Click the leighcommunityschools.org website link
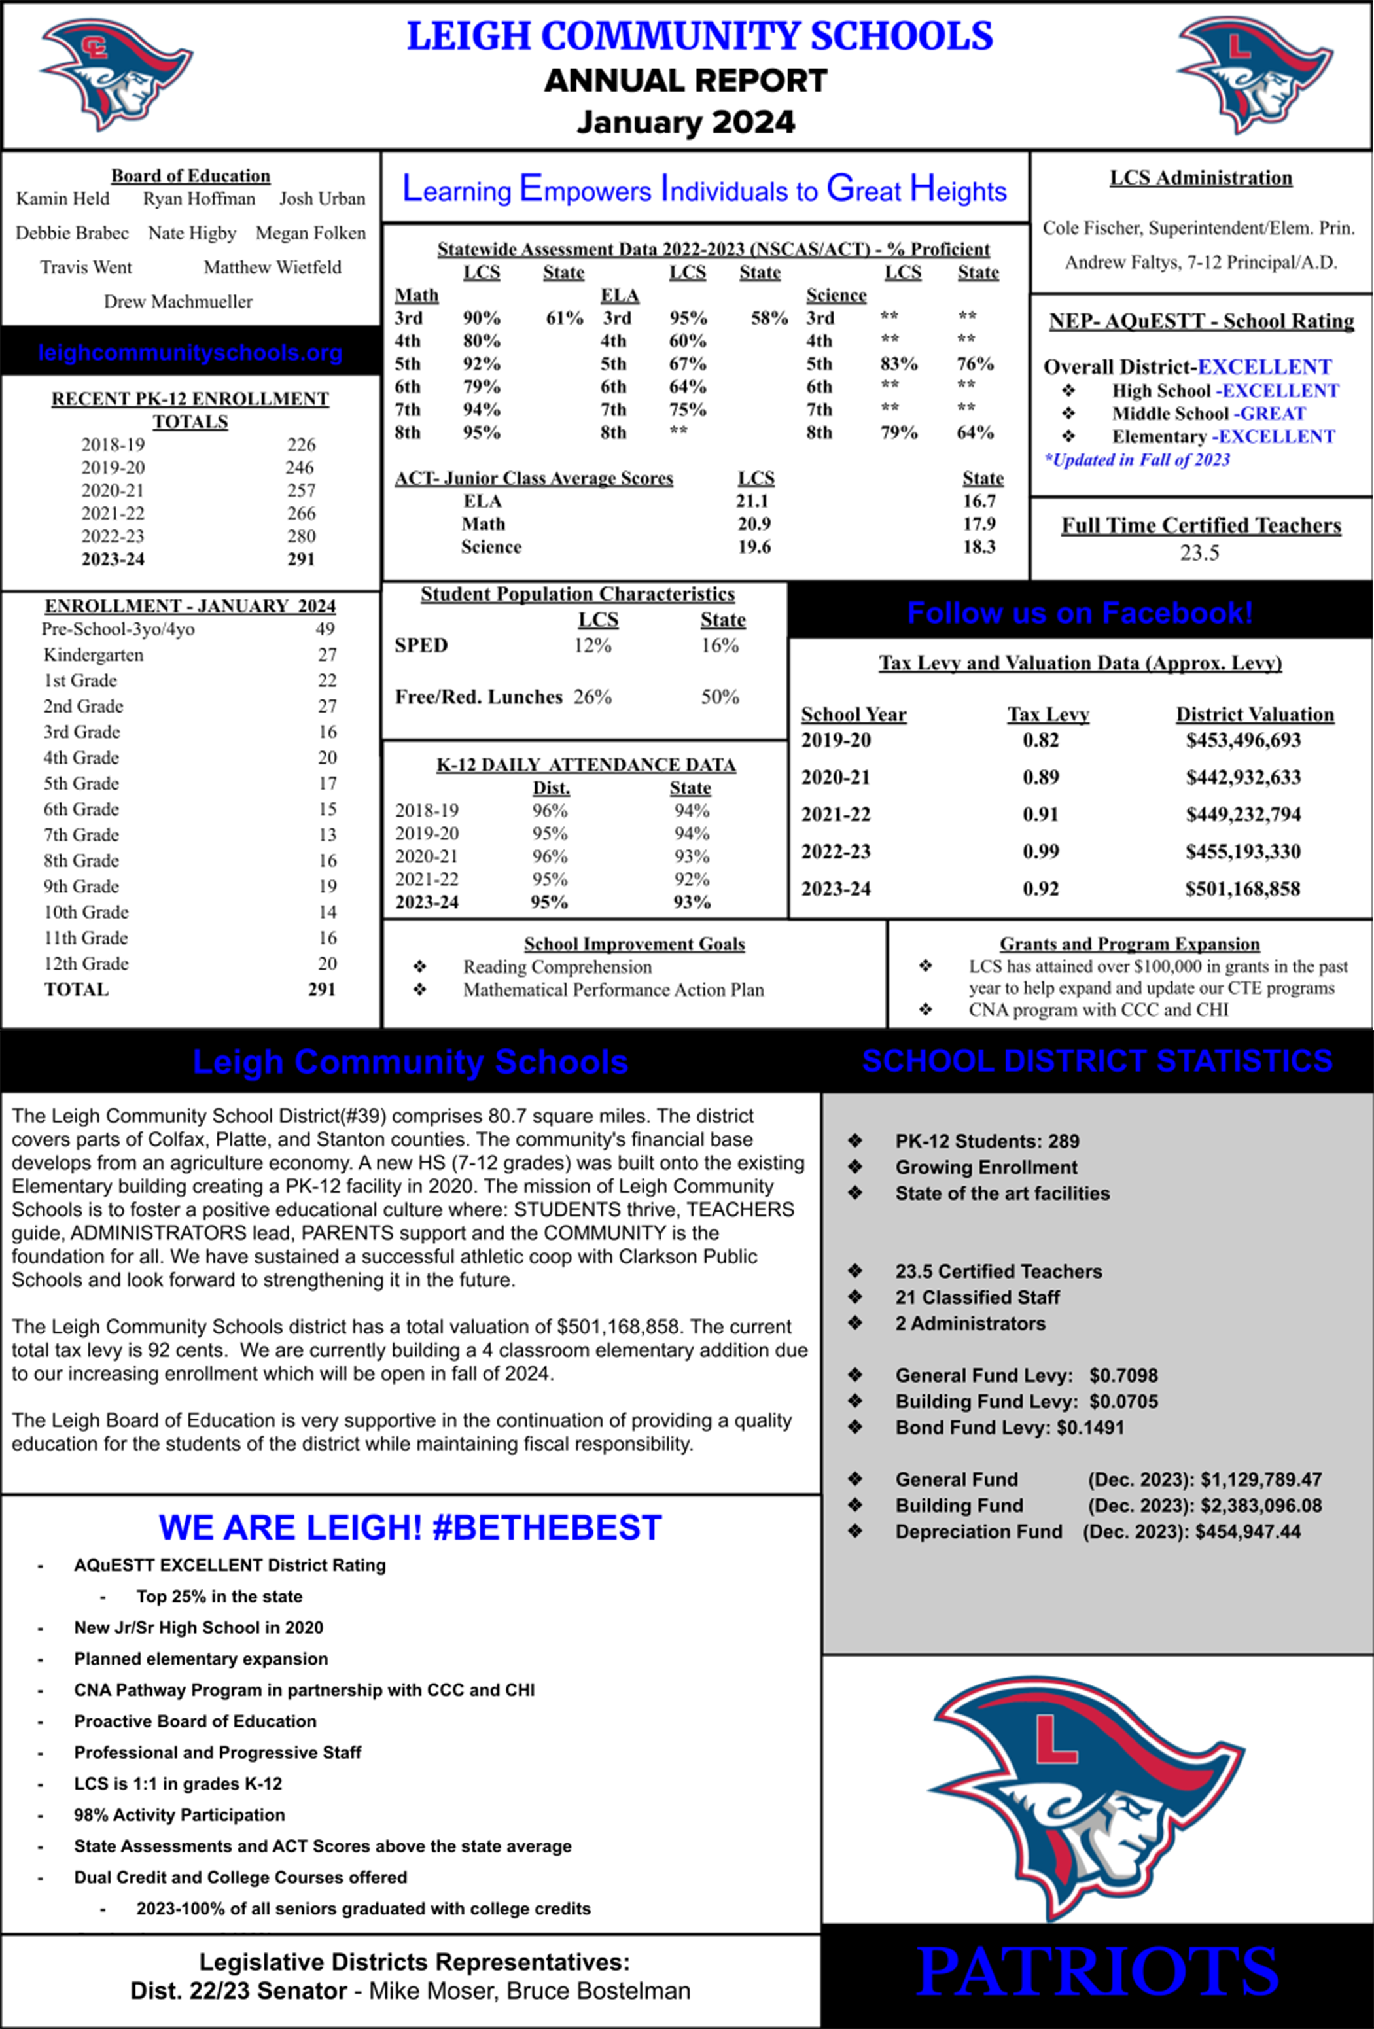click(x=190, y=353)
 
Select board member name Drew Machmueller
click(x=178, y=301)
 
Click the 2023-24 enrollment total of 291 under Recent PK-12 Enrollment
click(x=301, y=559)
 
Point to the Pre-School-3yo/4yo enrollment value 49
click(x=325, y=629)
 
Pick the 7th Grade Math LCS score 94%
click(x=481, y=410)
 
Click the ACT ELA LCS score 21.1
click(x=752, y=501)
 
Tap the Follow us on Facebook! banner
click(x=1080, y=613)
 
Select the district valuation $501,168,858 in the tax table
click(x=1242, y=889)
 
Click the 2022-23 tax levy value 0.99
click(x=1040, y=851)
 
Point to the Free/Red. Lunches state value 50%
click(x=720, y=697)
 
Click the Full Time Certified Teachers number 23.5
click(x=1199, y=553)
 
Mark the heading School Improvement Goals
click(x=634, y=944)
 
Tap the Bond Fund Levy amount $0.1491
click(x=1090, y=1428)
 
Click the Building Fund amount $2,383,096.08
click(x=1261, y=1505)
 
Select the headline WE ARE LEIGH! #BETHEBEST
click(x=410, y=1528)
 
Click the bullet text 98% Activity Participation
click(x=179, y=1814)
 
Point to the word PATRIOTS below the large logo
click(x=1097, y=1971)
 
